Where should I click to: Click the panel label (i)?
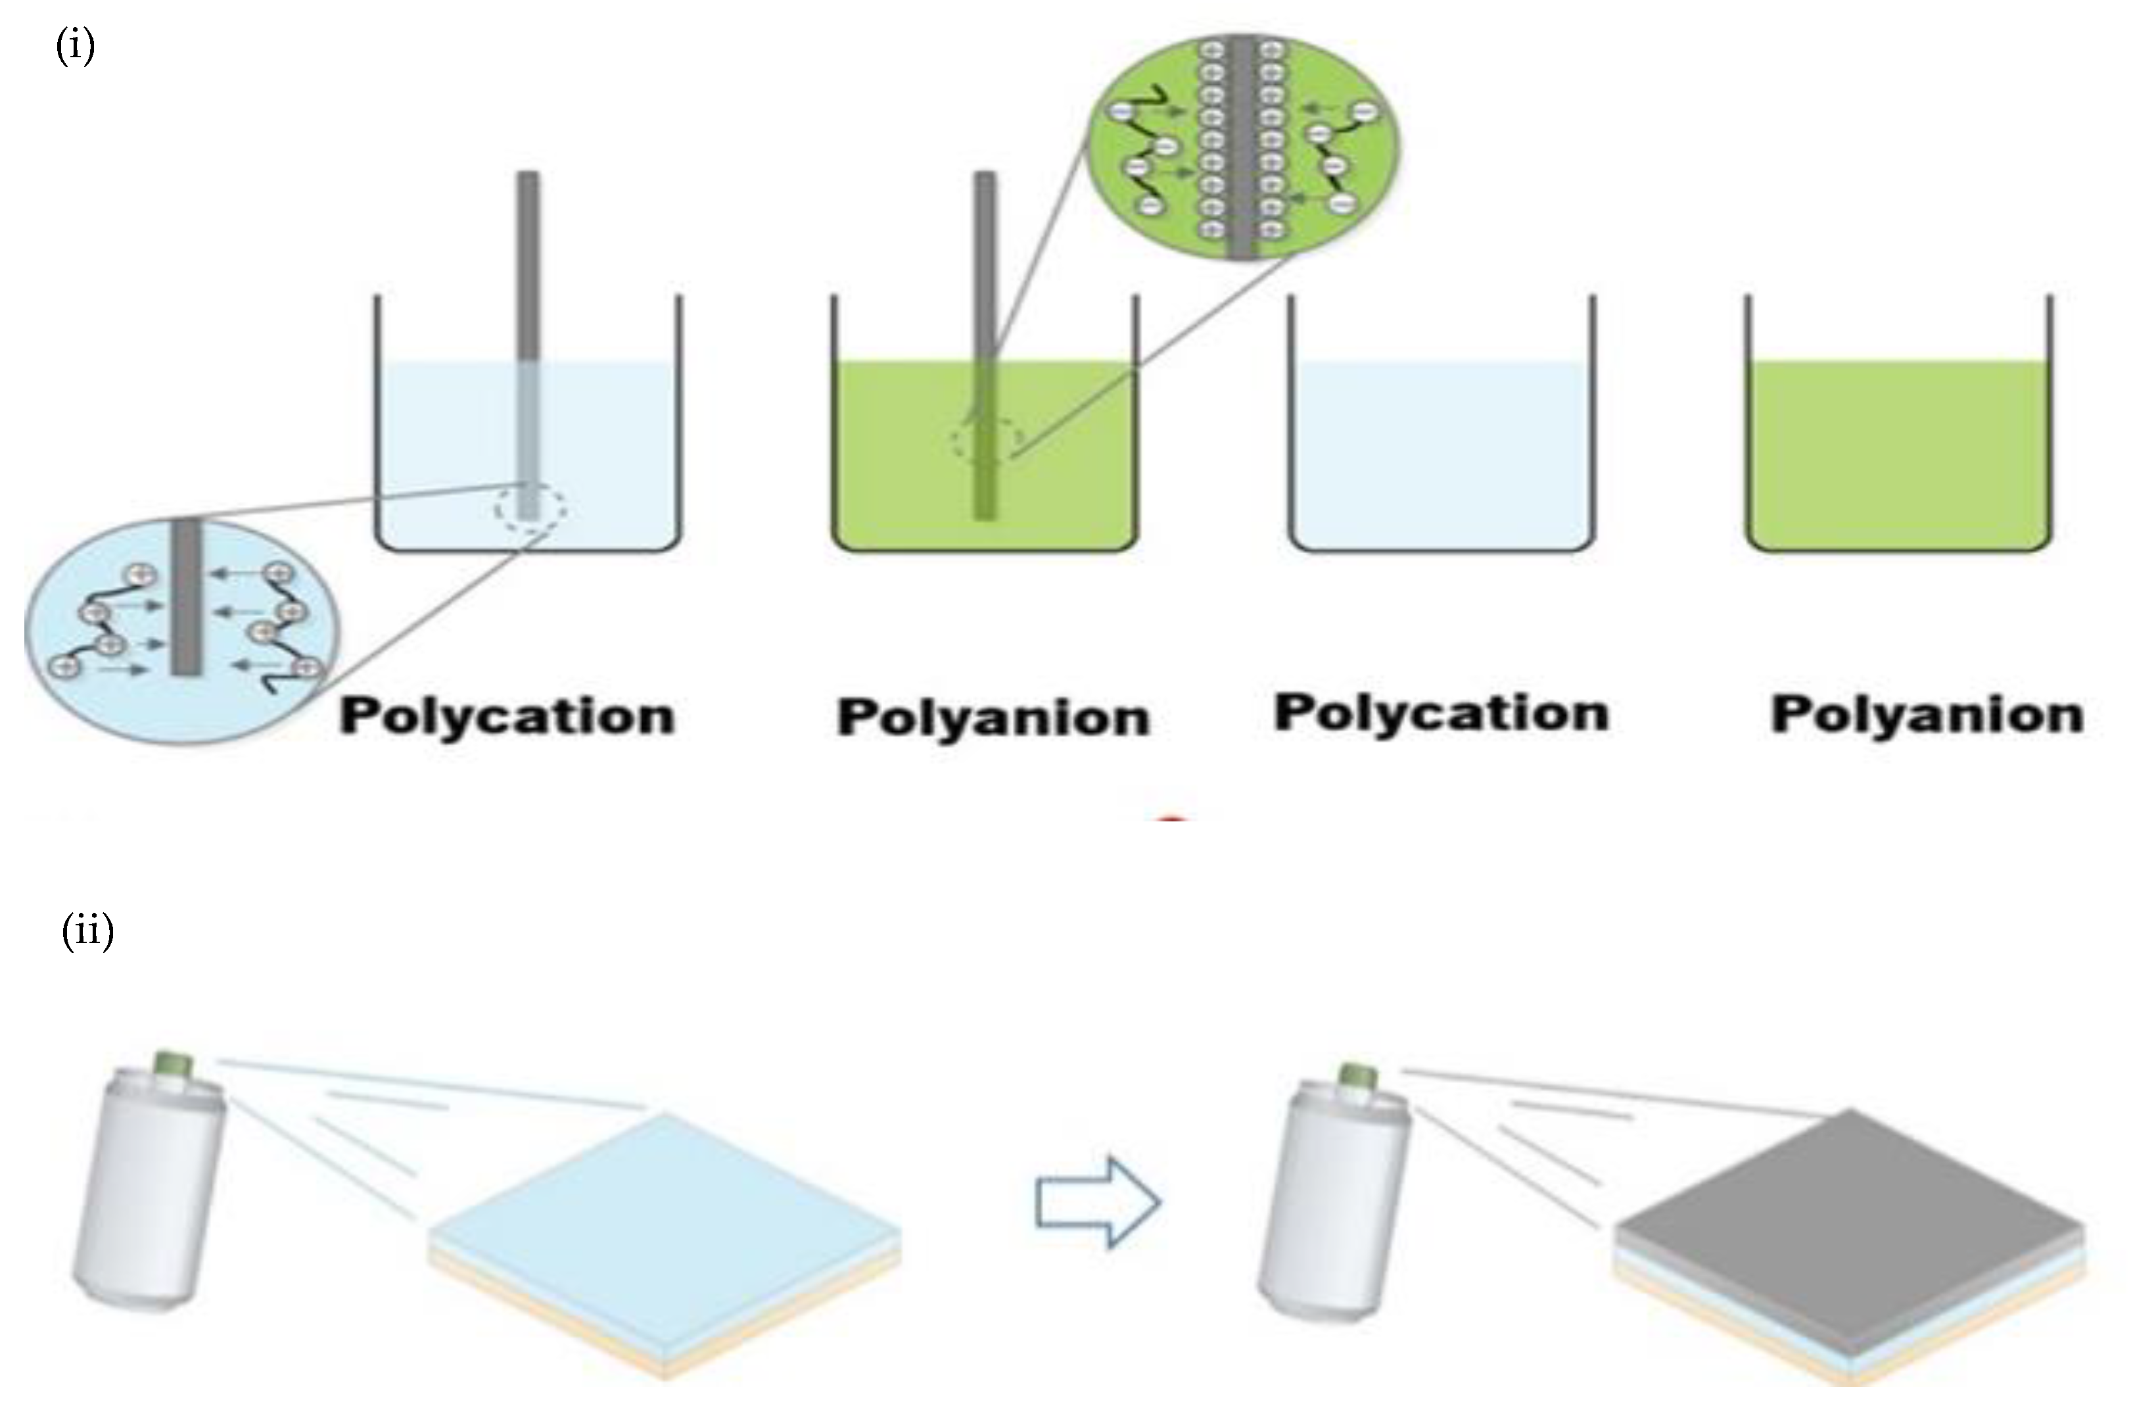coord(76,45)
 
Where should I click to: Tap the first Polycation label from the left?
coord(507,717)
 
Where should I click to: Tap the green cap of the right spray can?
coord(1357,1077)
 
